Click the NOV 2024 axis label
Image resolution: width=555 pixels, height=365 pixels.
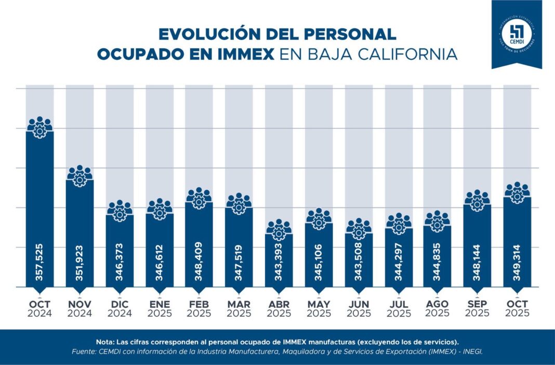tap(80, 308)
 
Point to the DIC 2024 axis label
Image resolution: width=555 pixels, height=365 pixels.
tap(120, 308)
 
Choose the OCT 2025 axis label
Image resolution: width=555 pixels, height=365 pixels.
tap(517, 308)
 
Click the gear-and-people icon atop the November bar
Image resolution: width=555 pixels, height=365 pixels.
tap(80, 177)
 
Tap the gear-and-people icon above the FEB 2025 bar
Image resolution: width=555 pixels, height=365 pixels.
tap(199, 199)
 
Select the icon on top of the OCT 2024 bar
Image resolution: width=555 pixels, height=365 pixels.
tap(39, 128)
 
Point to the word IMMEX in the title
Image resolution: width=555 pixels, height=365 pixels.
tap(245, 54)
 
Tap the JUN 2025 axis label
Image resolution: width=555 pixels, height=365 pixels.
tap(359, 308)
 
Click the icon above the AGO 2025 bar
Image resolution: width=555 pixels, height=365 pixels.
tap(437, 221)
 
